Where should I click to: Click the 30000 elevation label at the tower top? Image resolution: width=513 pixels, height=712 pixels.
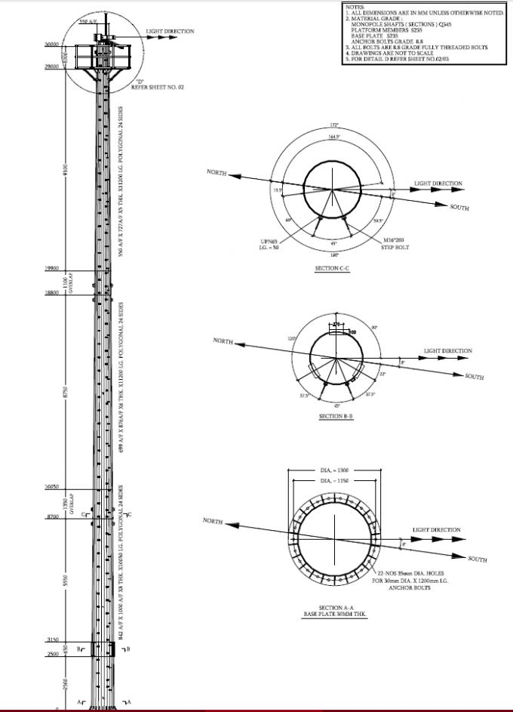pyautogui.click(x=51, y=45)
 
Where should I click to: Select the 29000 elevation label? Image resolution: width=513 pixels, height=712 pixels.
pyautogui.click(x=51, y=68)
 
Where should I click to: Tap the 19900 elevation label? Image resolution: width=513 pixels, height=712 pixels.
pyautogui.click(x=51, y=268)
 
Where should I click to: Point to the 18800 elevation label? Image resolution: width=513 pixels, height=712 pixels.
pyautogui.click(x=51, y=291)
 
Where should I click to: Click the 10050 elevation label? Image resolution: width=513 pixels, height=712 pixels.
pyautogui.click(x=51, y=488)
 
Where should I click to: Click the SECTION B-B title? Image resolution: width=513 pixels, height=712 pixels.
pyautogui.click(x=332, y=416)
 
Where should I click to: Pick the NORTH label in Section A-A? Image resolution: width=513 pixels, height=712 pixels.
pyautogui.click(x=214, y=521)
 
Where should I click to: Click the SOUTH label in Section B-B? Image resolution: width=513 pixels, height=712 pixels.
pyautogui.click(x=475, y=376)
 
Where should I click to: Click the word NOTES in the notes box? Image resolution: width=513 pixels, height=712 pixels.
pyautogui.click(x=355, y=7)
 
